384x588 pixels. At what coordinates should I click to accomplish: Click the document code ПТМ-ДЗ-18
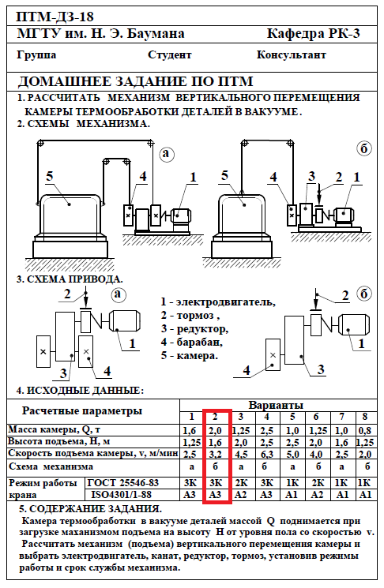point(55,17)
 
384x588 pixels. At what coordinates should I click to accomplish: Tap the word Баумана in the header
point(156,34)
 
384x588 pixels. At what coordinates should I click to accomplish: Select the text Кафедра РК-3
point(313,34)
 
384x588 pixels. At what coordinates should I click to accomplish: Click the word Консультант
point(292,54)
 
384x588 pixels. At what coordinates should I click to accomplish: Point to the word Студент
point(169,55)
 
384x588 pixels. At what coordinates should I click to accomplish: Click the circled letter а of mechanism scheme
point(167,153)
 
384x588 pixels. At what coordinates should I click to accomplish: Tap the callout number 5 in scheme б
point(224,175)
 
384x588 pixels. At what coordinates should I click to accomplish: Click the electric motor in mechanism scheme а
point(181,216)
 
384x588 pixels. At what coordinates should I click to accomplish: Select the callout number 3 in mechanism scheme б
point(311,176)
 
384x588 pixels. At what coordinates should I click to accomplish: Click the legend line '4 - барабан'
point(192,342)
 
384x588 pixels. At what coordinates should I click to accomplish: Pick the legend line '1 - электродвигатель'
point(218,301)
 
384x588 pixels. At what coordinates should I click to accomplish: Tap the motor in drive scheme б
point(354,324)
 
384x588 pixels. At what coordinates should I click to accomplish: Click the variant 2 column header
point(215,417)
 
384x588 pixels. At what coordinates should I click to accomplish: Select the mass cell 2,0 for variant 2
point(216,430)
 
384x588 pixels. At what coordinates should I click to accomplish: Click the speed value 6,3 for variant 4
point(266,455)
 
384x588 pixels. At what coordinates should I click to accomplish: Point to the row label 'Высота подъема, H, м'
point(59,441)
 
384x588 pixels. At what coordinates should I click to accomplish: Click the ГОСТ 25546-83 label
point(123,482)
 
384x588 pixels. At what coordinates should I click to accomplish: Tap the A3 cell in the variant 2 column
point(216,495)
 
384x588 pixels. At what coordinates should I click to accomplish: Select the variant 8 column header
point(364,417)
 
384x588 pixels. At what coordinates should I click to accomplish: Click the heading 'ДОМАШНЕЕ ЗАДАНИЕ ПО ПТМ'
point(136,81)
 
